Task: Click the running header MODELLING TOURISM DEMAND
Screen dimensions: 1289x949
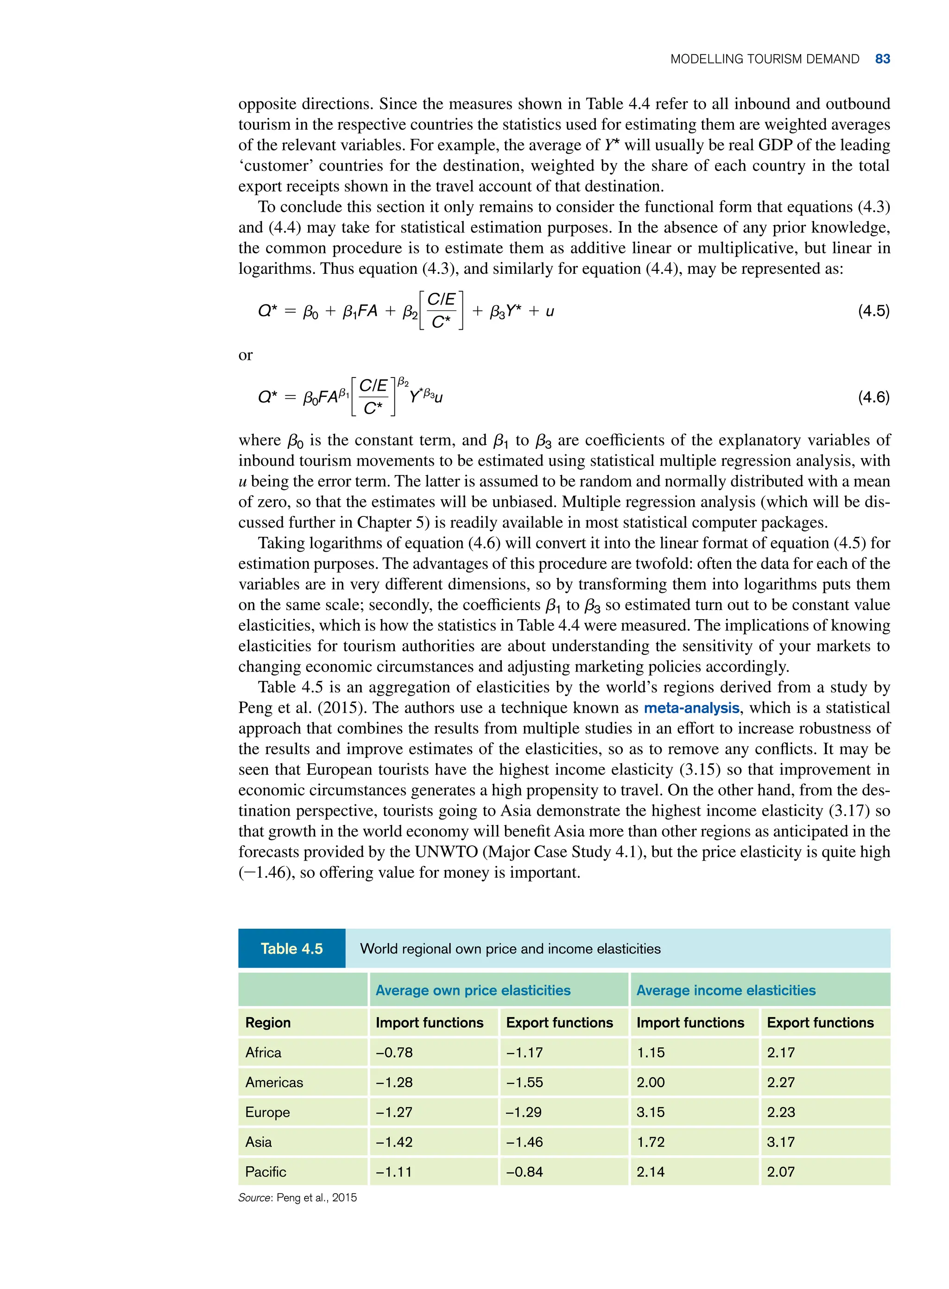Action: [764, 59]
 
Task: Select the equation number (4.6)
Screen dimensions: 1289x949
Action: [873, 397]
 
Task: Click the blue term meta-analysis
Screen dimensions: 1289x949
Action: [691, 707]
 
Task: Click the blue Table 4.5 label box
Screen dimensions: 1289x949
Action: [292, 949]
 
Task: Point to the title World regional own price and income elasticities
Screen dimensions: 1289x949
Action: [510, 949]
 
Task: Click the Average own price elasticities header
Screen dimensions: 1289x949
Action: [473, 990]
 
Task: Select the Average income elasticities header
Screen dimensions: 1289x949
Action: [726, 990]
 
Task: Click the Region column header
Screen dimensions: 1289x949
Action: [268, 1023]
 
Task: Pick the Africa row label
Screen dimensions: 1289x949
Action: [263, 1052]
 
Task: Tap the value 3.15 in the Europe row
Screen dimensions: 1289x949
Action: [650, 1112]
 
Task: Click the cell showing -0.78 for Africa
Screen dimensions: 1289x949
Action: [394, 1052]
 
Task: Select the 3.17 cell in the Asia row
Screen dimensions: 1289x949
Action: [781, 1142]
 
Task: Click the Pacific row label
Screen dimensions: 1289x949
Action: [266, 1172]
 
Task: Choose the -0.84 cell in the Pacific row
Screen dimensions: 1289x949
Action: [524, 1172]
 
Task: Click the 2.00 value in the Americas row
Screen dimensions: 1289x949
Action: [650, 1082]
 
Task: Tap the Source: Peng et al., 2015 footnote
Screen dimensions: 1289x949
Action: [297, 1198]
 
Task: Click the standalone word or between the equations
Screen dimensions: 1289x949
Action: [245, 355]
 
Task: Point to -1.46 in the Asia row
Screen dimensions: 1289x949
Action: [524, 1142]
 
